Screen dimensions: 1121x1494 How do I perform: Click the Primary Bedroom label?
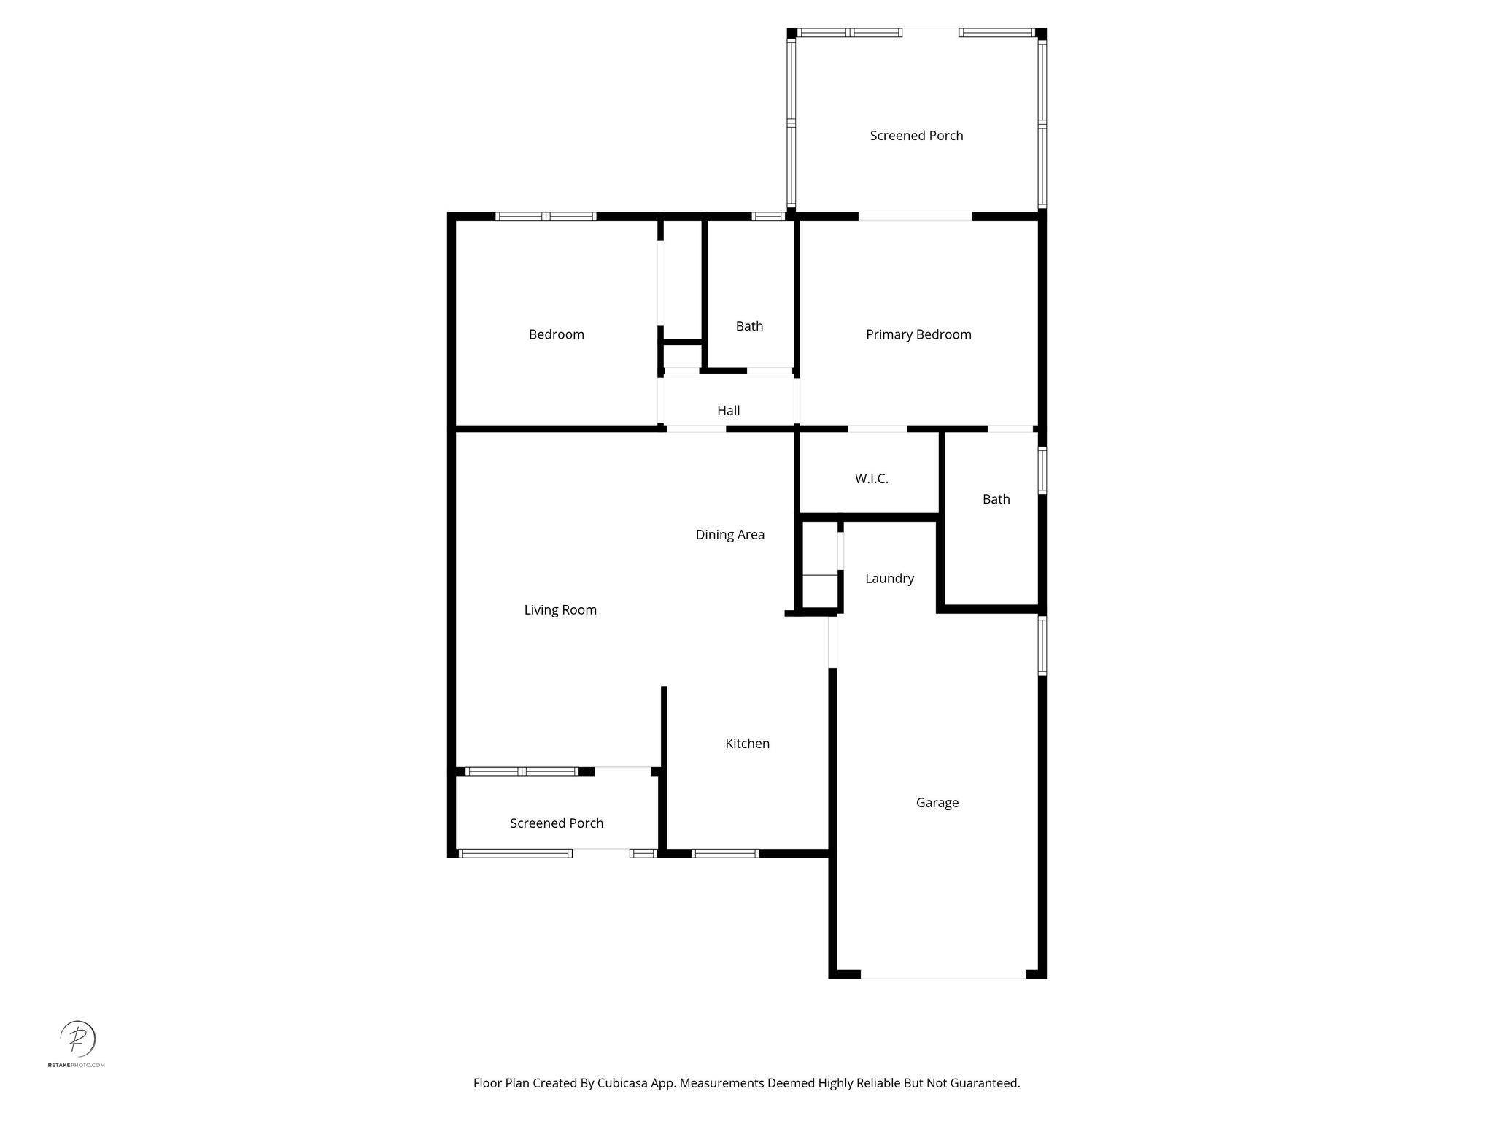(918, 334)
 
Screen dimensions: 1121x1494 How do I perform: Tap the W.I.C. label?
(872, 479)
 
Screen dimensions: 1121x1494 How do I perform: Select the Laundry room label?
(889, 578)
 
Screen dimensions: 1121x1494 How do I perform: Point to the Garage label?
(937, 803)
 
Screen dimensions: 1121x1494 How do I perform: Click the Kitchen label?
(747, 744)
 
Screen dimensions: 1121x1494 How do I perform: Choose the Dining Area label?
(729, 535)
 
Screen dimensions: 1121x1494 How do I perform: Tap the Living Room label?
(560, 610)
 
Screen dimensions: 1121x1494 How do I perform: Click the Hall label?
(728, 411)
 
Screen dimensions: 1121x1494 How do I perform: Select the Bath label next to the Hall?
(749, 326)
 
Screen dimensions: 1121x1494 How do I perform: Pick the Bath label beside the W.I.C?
(996, 499)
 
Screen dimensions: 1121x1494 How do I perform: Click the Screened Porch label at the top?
(916, 136)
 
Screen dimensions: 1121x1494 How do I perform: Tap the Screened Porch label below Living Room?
(557, 823)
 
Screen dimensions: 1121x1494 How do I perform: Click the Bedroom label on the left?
(557, 334)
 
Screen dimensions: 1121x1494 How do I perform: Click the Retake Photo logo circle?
(77, 1039)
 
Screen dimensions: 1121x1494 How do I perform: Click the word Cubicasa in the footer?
(623, 1083)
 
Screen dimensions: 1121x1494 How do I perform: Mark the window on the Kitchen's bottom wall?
(724, 853)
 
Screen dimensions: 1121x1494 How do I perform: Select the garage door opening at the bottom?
(943, 974)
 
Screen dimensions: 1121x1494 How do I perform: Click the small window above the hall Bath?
(767, 216)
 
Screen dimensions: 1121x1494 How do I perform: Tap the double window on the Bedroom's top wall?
(546, 216)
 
